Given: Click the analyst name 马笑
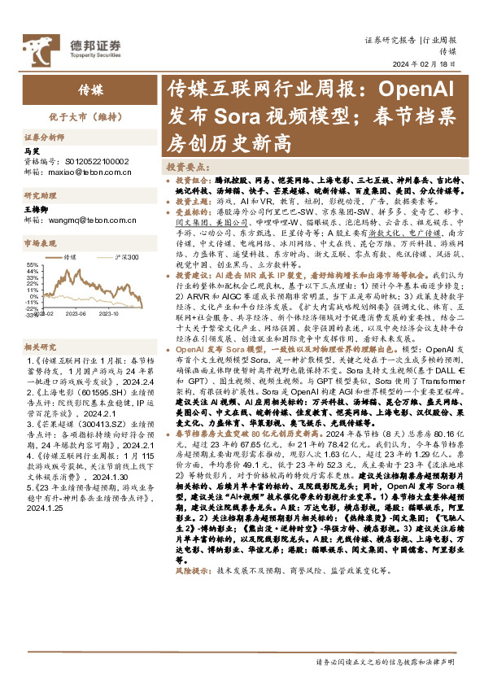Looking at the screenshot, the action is click(33, 151).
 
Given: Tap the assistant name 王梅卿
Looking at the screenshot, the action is click(37, 210).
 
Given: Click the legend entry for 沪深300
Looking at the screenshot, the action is click(127, 257).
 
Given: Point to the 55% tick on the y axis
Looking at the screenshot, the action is click(33, 264).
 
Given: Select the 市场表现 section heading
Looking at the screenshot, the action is click(42, 243).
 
